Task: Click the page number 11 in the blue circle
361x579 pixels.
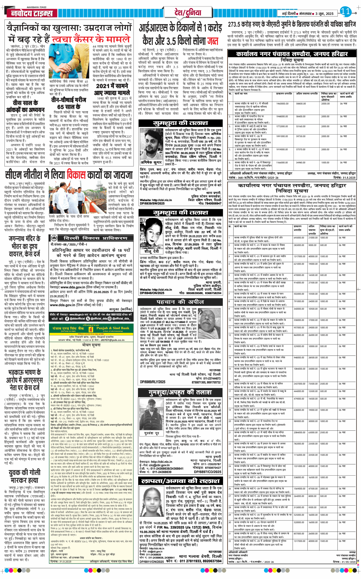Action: coord(345,11)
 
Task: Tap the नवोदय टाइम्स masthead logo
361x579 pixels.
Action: coord(32,13)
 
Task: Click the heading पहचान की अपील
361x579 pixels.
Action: coord(180,302)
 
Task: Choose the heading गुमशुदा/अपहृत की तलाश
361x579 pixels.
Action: coord(180,392)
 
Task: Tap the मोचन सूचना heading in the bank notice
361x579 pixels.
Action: coord(91,345)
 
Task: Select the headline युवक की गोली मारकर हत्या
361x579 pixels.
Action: coord(25,476)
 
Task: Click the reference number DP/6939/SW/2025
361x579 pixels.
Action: coord(152,203)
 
